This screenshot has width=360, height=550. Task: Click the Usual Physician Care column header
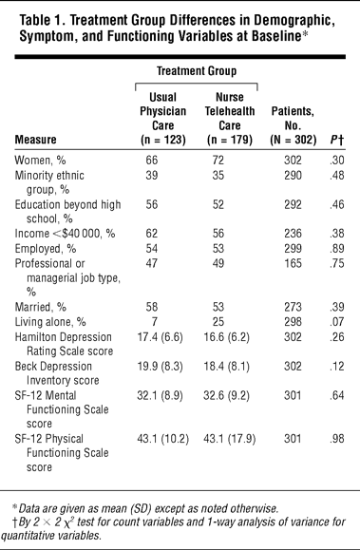click(x=162, y=118)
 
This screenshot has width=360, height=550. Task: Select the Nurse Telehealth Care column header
click(x=230, y=118)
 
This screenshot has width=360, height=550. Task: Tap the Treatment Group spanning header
click(x=197, y=71)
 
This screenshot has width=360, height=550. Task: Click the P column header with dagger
click(x=336, y=140)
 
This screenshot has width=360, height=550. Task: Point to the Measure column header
click(x=35, y=140)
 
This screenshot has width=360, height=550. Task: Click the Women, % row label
click(x=40, y=161)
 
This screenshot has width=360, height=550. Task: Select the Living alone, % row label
click(x=50, y=322)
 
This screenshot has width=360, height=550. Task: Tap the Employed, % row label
click(x=46, y=249)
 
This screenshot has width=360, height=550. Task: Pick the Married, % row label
click(x=40, y=307)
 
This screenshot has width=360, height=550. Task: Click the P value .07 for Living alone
click(x=337, y=322)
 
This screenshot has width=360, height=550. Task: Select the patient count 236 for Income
click(x=293, y=234)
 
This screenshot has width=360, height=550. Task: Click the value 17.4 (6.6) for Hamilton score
click(x=160, y=337)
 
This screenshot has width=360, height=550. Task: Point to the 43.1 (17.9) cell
click(x=230, y=439)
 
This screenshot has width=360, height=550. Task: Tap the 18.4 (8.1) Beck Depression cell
click(x=227, y=367)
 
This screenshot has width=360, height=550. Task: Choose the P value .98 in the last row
click(x=337, y=439)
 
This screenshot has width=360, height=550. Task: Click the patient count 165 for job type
click(x=293, y=263)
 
